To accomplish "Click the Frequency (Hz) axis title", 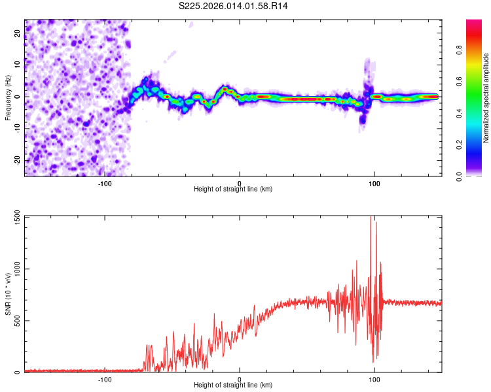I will point(8,97).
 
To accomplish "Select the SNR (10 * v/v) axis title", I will point(8,293).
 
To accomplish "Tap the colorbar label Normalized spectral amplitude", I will point(486,97).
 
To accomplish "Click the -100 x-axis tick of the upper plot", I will point(105,184).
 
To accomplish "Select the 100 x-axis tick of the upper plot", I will point(374,184).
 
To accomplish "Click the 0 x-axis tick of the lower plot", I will point(240,380).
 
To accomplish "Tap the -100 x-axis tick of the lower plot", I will point(105,380).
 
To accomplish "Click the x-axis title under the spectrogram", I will point(233,189).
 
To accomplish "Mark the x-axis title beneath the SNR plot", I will point(233,385).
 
